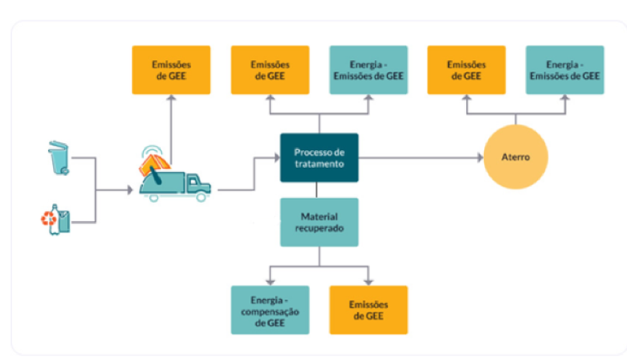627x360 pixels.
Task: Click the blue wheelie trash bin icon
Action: pos(58,158)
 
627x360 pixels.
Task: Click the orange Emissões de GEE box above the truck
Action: pos(171,70)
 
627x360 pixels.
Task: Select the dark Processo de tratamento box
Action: pos(319,158)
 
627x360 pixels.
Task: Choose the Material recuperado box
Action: pos(319,222)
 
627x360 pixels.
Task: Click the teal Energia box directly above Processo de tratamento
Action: pos(368,70)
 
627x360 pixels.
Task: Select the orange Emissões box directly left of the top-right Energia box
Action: pos(466,70)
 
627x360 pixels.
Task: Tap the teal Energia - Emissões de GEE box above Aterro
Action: pos(564,70)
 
